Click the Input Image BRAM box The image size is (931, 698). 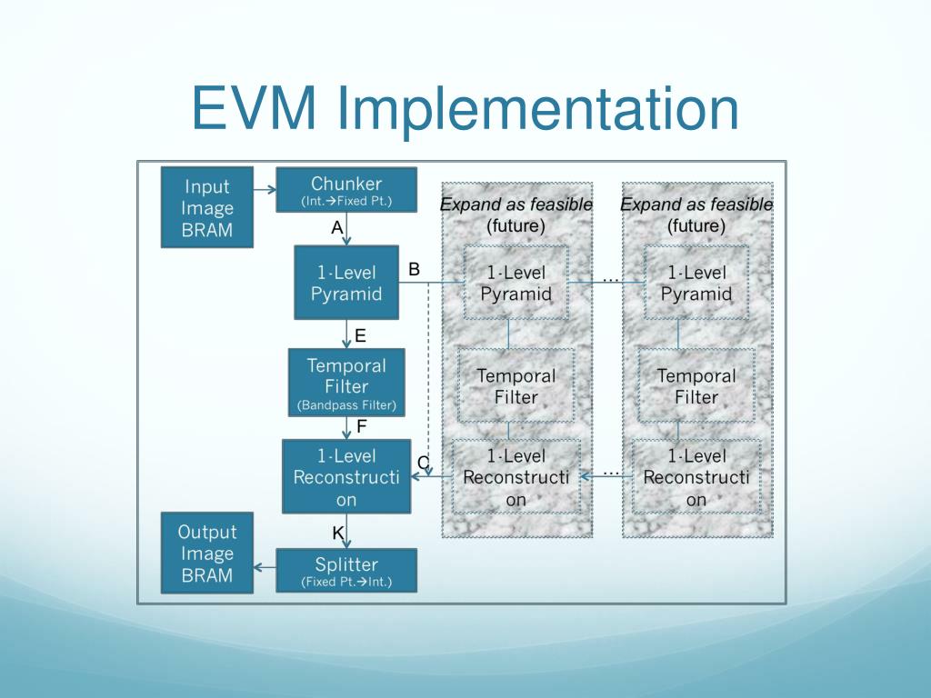tap(207, 207)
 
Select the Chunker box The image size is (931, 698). tap(346, 190)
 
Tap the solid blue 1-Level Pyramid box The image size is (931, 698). tap(346, 282)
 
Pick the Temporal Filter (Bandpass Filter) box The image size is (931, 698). tap(346, 383)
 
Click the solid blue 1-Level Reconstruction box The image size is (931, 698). tap(346, 476)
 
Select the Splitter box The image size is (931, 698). tap(346, 571)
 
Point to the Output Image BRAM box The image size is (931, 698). tap(207, 553)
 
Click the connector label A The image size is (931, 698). tap(336, 228)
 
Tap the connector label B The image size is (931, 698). tap(414, 268)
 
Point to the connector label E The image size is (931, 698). tap(360, 335)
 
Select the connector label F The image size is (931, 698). tap(361, 424)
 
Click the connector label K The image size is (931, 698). tap(337, 533)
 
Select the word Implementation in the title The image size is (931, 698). tap(537, 109)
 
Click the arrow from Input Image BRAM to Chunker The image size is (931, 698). tap(265, 190)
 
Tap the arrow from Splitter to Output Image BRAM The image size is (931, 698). tap(265, 567)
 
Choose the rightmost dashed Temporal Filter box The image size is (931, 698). tap(696, 385)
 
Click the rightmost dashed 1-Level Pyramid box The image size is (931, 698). tap(696, 283)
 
